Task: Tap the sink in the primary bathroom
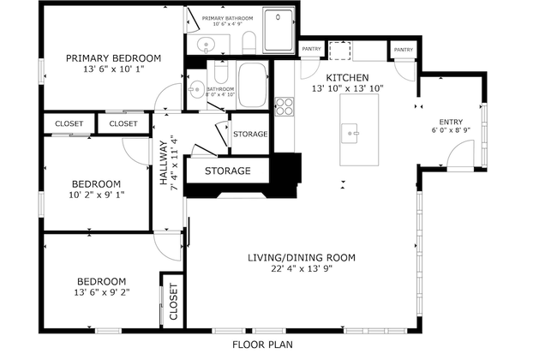click(x=205, y=45)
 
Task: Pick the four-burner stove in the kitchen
click(x=284, y=106)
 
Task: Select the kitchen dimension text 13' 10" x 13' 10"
click(x=346, y=88)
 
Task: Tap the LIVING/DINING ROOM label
click(x=301, y=258)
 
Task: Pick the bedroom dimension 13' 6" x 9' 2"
click(x=101, y=292)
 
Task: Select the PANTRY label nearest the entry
click(x=403, y=51)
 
